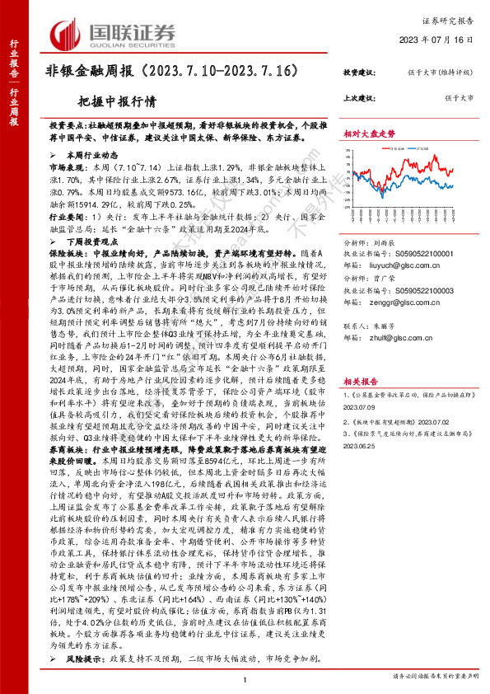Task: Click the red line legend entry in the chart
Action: point(394,148)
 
